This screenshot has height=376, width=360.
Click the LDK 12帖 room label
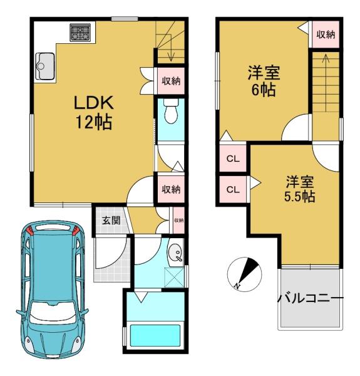click(x=94, y=113)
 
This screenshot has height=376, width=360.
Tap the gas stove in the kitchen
click(x=80, y=32)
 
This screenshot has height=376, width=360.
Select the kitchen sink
click(x=45, y=66)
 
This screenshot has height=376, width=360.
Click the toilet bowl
click(x=171, y=112)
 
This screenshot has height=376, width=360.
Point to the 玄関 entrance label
click(x=111, y=220)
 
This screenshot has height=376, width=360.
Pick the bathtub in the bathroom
click(x=155, y=335)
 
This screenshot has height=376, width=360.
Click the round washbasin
click(x=175, y=253)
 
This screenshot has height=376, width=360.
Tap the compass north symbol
click(x=244, y=274)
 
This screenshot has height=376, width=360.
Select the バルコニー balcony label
click(x=311, y=298)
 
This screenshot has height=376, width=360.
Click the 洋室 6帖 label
click(x=264, y=81)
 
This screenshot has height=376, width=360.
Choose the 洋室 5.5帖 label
click(x=299, y=189)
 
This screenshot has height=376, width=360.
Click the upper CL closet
click(x=233, y=159)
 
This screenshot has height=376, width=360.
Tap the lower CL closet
click(x=233, y=189)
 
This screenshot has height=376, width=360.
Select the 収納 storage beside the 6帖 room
click(x=326, y=34)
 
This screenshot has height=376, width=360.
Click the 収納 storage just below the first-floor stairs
click(x=171, y=81)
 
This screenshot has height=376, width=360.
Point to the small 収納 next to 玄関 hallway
click(x=178, y=220)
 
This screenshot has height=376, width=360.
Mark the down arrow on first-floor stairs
click(x=171, y=48)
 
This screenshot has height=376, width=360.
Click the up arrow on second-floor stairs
click(x=326, y=83)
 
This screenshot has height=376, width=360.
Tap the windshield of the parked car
click(x=53, y=310)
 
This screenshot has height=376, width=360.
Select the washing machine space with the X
click(x=175, y=278)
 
